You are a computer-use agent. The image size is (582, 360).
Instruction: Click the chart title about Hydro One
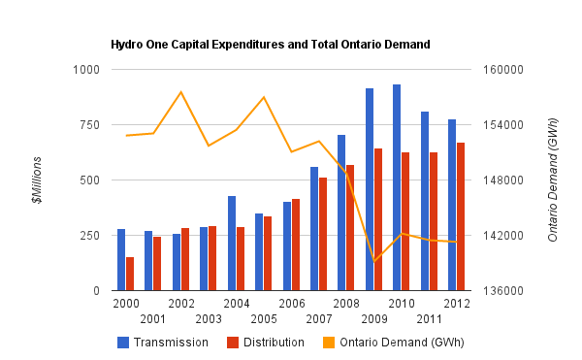click(270, 45)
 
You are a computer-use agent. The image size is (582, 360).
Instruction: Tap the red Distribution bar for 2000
click(130, 274)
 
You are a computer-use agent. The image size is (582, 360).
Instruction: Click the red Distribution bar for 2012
click(461, 216)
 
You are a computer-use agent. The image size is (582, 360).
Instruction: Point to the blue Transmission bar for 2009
click(370, 189)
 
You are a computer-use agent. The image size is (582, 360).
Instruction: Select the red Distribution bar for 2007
click(323, 234)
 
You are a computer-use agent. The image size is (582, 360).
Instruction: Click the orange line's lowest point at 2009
click(374, 261)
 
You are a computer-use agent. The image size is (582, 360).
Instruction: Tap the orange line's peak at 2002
click(181, 92)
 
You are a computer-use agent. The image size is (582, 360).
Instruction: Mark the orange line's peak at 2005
click(264, 97)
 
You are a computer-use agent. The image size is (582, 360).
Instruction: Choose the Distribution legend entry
click(266, 342)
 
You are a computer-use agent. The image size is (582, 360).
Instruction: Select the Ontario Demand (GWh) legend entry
click(398, 342)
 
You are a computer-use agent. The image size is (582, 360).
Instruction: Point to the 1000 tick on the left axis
click(86, 70)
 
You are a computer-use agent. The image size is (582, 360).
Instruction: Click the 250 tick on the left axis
click(89, 236)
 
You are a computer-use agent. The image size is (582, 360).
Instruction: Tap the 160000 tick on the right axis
click(503, 70)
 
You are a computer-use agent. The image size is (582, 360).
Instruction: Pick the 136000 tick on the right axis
click(503, 291)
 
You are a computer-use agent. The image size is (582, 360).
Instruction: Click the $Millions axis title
click(38, 180)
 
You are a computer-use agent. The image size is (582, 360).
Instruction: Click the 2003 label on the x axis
click(209, 318)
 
